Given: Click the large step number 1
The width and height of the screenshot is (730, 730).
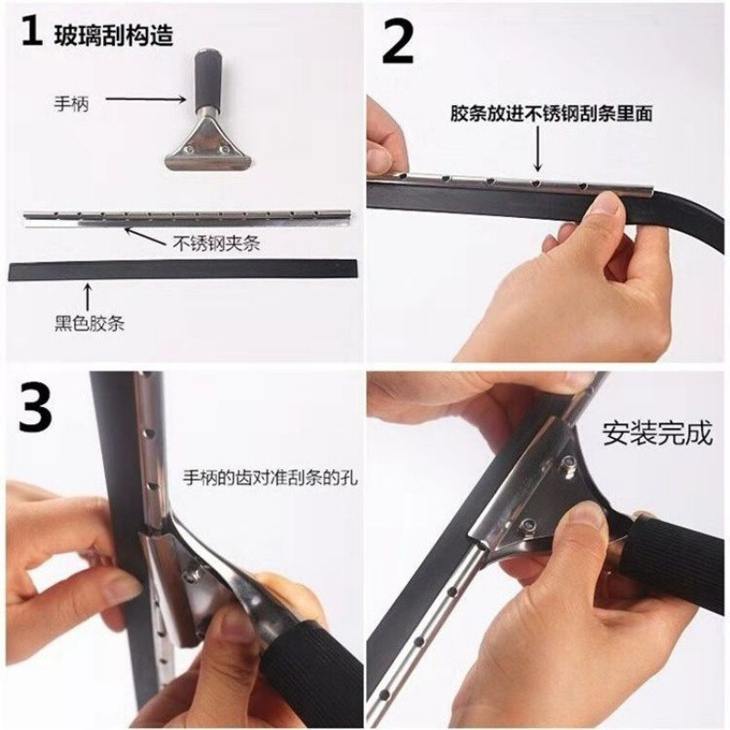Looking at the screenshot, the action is point(31,32).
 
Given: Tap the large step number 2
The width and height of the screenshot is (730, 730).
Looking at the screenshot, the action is point(397,42).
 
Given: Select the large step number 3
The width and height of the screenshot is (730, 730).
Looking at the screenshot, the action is point(35,407).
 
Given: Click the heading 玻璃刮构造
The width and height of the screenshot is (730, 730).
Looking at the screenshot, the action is point(114,35).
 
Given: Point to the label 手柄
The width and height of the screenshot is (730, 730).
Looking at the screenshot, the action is point(71,104).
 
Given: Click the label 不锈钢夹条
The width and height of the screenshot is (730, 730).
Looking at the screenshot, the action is point(216,243).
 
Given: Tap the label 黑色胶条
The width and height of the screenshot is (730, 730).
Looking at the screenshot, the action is point(89,323).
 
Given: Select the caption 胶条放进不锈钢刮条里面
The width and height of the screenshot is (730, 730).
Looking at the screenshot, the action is point(551,113).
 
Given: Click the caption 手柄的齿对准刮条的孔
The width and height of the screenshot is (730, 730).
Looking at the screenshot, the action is point(270,477).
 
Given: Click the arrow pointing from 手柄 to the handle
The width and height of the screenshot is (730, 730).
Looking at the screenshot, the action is point(146,99).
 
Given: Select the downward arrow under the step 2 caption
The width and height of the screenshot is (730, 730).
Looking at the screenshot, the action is point(538,149).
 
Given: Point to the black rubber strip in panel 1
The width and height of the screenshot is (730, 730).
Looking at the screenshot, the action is point(185,270).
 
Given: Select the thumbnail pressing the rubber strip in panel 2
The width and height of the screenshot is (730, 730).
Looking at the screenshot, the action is point(609,203).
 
